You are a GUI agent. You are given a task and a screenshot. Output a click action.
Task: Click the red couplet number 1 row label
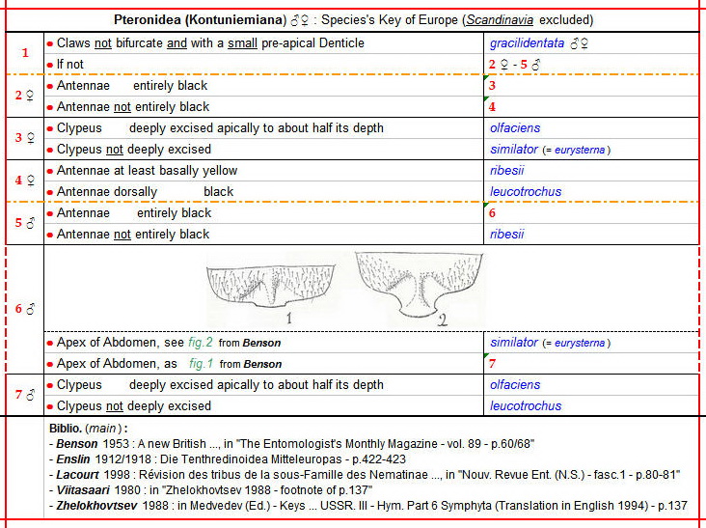click(25, 53)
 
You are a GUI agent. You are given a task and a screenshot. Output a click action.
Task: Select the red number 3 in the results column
click(493, 86)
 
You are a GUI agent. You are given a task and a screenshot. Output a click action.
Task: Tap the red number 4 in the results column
click(493, 107)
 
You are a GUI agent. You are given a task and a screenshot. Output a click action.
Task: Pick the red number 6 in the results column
click(493, 213)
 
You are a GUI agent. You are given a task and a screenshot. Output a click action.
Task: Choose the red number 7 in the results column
click(493, 364)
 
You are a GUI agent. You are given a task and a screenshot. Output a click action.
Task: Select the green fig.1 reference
click(201, 364)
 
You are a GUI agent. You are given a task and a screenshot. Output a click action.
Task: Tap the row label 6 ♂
click(25, 310)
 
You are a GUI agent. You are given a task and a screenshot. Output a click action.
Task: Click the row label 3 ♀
click(25, 138)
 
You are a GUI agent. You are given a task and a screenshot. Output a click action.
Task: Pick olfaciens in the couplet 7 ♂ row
click(515, 385)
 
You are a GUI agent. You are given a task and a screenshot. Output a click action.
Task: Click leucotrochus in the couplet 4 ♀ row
click(526, 192)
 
